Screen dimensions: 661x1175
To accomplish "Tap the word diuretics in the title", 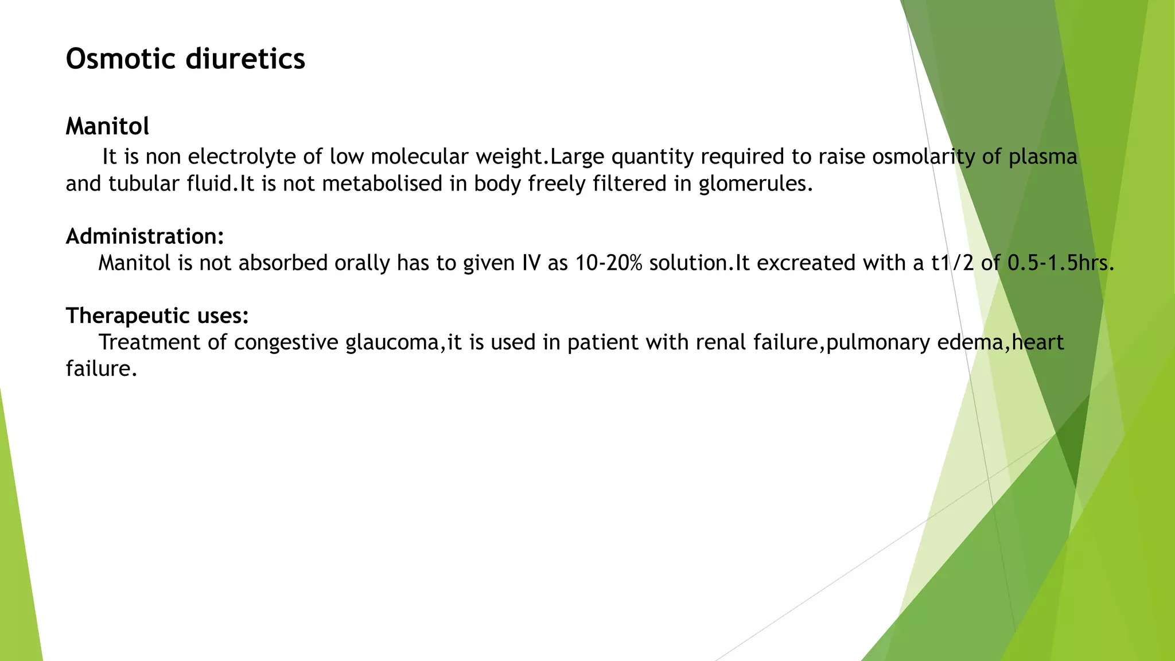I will [253, 59].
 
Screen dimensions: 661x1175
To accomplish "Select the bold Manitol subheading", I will [107, 126].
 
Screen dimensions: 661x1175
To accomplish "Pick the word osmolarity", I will [923, 157].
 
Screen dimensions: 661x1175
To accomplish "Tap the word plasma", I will [1042, 157].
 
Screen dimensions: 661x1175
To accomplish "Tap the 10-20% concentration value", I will [609, 263].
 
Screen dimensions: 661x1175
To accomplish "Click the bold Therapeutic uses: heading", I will [157, 316].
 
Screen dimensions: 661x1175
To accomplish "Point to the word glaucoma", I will [395, 343].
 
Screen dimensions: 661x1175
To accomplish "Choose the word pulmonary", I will [878, 343].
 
